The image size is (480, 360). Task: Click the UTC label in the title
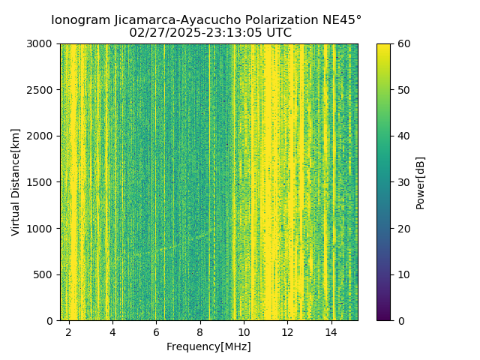pos(278,33)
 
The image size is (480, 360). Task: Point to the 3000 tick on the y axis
pos(41,43)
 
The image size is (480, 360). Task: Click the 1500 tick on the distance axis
pos(41,182)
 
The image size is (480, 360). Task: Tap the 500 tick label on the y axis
pos(44,274)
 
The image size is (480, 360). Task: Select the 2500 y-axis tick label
pos(41,90)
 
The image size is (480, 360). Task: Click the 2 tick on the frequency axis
pos(69,331)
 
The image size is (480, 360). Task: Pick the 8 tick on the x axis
pos(200,331)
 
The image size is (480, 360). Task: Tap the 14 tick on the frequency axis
pos(331,331)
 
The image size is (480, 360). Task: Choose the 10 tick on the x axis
pos(244,331)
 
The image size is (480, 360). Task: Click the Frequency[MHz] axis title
pos(208,346)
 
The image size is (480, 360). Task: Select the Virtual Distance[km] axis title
pos(16,182)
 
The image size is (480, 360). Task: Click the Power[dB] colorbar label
pos(420,182)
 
